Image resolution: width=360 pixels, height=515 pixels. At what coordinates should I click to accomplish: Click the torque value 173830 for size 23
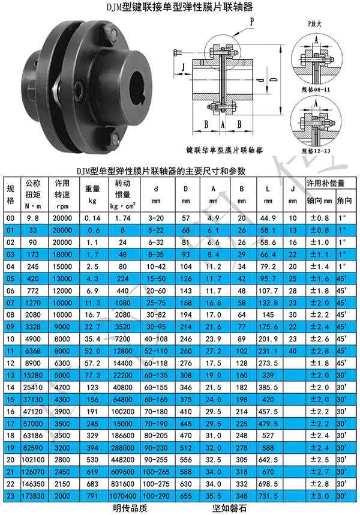33,496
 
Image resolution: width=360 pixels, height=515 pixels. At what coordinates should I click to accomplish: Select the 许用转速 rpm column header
62,194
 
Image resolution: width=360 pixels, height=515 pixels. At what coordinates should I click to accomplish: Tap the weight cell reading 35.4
92,339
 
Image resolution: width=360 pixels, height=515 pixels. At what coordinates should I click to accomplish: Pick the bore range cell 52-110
156,351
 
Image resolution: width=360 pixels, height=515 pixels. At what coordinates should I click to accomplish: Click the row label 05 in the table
11,279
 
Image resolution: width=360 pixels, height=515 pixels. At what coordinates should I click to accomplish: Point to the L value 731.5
268,496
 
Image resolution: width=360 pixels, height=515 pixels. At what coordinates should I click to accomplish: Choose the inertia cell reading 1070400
123,496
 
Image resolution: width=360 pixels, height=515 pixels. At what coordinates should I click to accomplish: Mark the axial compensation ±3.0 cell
320,496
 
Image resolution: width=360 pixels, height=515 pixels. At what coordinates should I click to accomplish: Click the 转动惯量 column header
123,194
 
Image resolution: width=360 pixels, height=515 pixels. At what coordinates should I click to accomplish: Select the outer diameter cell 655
186,496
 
